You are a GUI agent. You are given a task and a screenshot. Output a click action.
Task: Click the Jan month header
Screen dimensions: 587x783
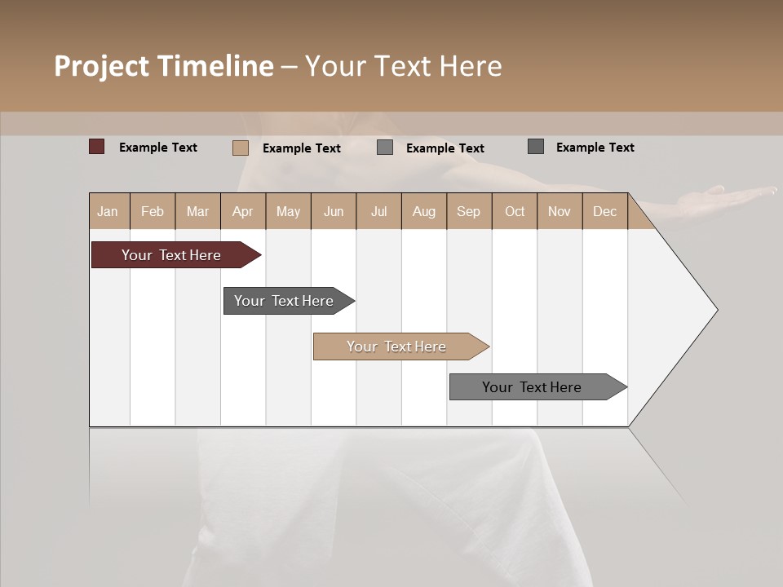coord(108,212)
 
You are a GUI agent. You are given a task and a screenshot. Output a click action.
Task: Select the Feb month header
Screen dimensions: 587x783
coord(153,212)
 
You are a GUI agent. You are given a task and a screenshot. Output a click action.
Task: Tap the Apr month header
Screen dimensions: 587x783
coord(242,212)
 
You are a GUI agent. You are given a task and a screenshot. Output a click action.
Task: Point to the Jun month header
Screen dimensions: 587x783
coord(334,212)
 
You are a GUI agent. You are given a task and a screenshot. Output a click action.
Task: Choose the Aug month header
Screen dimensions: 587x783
coord(424,212)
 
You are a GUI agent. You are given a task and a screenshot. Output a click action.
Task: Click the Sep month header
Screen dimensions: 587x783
coord(468,212)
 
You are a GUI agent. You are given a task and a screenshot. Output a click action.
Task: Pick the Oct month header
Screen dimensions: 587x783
coord(515,212)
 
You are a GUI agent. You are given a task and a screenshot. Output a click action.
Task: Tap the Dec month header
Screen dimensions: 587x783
coord(604,212)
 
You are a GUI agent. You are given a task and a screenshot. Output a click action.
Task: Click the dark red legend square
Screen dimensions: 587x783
coord(96,147)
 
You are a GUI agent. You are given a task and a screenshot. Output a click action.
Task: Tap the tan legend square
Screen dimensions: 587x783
coord(240,148)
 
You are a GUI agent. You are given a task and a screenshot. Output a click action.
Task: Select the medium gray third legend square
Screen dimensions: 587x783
coord(385,148)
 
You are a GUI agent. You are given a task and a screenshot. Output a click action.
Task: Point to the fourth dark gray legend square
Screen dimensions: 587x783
coord(536,147)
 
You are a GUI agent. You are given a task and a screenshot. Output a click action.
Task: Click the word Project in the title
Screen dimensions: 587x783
coord(102,66)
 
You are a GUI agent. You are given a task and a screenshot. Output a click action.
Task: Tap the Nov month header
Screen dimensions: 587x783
coord(560,212)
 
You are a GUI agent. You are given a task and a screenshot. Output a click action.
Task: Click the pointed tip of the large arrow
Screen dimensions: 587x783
coord(715,310)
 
